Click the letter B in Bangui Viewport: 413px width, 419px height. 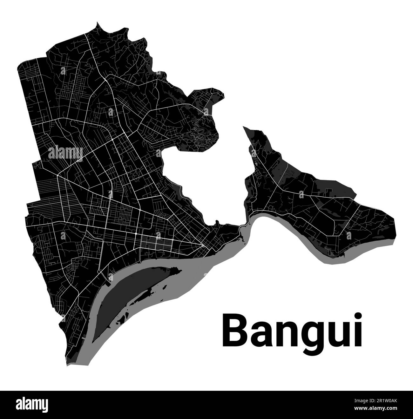tap(234, 330)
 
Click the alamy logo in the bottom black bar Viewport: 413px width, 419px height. tap(32, 405)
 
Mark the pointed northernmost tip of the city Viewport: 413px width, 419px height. tap(97, 23)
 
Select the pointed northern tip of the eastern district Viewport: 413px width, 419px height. tap(244, 127)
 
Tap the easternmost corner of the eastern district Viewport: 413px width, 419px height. tap(394, 219)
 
